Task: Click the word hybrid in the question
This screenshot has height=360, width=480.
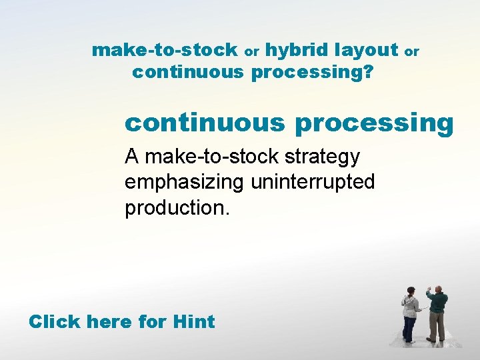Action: pyautogui.click(x=298, y=50)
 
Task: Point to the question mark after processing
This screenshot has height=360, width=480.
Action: pyautogui.click(x=368, y=73)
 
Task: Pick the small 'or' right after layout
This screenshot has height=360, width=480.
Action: pyautogui.click(x=412, y=51)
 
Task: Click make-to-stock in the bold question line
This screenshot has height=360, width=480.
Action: pyautogui.click(x=165, y=50)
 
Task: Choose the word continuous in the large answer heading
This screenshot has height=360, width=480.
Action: pyautogui.click(x=205, y=123)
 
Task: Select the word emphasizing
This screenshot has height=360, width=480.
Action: pyautogui.click(x=185, y=183)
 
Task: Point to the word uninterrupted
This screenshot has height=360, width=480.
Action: pyautogui.click(x=313, y=183)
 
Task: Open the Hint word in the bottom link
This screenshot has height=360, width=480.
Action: pyautogui.click(x=193, y=322)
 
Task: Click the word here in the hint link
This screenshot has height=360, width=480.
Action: pyautogui.click(x=109, y=322)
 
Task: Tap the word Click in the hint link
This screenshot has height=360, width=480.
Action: pyautogui.click(x=54, y=322)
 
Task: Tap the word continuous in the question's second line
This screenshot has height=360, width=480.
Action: pyautogui.click(x=188, y=72)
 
